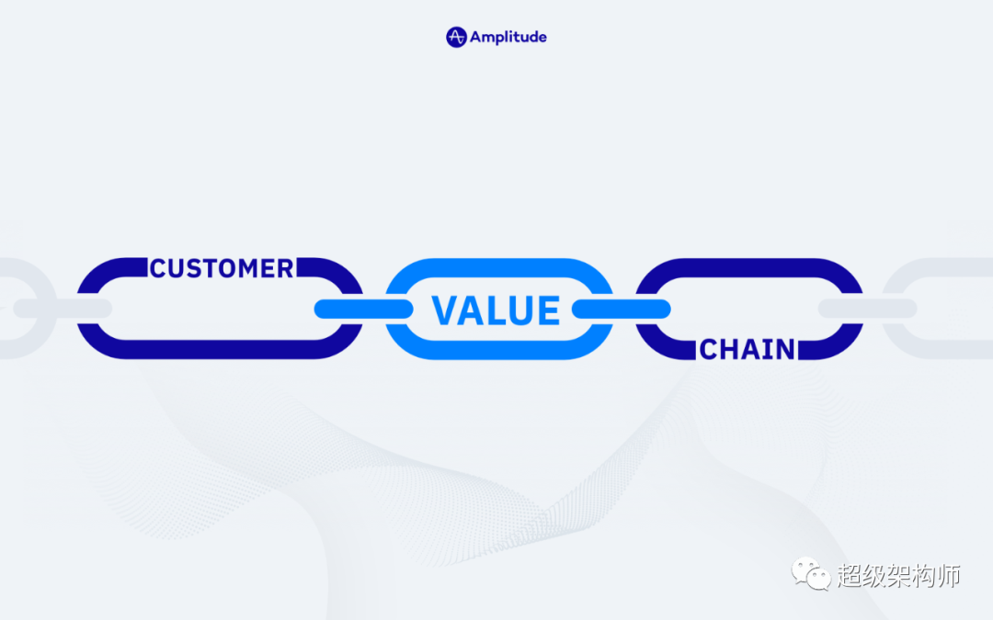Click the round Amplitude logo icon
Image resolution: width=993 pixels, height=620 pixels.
point(456,38)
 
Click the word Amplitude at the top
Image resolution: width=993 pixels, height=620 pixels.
point(508,38)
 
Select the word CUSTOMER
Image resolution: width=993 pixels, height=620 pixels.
point(223,268)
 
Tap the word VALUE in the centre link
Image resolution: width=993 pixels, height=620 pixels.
point(496,310)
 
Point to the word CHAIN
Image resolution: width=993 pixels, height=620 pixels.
point(748,349)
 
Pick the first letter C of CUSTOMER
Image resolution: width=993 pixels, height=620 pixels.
point(158,268)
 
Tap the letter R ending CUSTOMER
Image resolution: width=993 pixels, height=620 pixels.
point(286,268)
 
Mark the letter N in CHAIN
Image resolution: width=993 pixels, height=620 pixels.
point(786,349)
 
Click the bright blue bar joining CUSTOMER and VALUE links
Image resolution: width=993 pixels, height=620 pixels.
point(363,309)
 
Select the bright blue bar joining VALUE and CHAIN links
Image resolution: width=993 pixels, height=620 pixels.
point(622,309)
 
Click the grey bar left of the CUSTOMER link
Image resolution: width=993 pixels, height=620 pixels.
point(63,309)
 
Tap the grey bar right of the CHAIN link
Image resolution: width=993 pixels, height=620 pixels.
point(868,309)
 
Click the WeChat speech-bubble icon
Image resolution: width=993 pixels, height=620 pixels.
point(811,574)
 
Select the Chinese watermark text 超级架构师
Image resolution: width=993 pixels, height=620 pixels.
point(898,575)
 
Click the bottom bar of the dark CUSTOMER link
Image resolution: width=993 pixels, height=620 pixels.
point(220,349)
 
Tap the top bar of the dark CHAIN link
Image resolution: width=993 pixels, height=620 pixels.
point(749,267)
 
